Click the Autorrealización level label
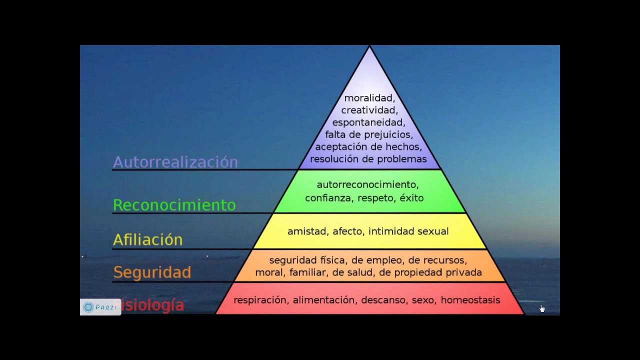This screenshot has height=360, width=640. (x=175, y=162)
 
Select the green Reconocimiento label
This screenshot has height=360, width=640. (x=174, y=205)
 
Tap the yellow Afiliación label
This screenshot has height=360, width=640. (x=147, y=239)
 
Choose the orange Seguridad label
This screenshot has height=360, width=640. (x=152, y=272)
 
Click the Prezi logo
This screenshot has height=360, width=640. (x=100, y=307)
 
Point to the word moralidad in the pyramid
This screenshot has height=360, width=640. (x=369, y=98)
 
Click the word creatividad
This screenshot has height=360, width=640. (x=369, y=110)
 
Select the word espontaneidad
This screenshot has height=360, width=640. (x=368, y=122)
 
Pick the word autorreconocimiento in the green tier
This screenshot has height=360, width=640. (x=367, y=185)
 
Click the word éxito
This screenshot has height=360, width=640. (x=411, y=198)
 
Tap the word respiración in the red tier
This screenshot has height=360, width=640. (x=260, y=300)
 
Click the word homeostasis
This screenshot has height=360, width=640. (x=470, y=300)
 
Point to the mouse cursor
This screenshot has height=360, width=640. (x=542, y=308)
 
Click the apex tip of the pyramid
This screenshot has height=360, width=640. (x=369, y=46)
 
